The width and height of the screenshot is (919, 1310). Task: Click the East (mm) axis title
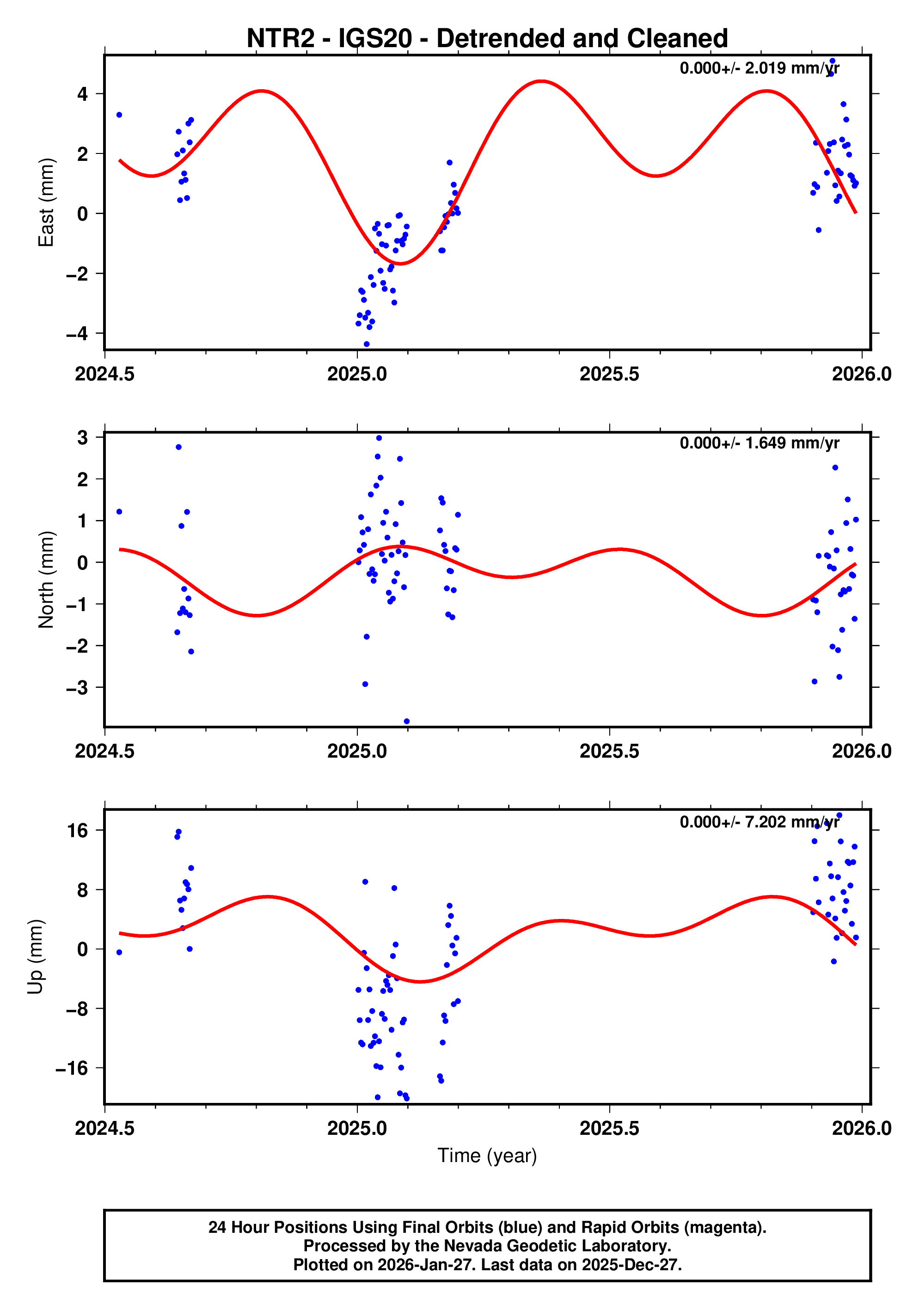coord(46,202)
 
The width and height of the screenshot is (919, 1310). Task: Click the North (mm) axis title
coord(46,580)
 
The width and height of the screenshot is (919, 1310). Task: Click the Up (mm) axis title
coord(36,957)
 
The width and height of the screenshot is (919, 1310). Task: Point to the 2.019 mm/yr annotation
coord(759,68)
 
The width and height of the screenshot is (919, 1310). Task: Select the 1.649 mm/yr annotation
coord(759,443)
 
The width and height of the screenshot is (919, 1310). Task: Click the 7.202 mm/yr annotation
coord(759,822)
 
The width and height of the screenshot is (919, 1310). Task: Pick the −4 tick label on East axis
coord(77,334)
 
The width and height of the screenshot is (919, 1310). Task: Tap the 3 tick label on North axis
coord(83,438)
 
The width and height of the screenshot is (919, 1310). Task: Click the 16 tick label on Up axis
coord(78,831)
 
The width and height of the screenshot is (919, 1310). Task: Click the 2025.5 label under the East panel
coord(609,374)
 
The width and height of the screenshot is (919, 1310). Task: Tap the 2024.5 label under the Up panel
coord(105,1128)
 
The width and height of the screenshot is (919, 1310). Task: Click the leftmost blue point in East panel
coord(119,115)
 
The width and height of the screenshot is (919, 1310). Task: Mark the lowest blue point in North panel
coord(407,722)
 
